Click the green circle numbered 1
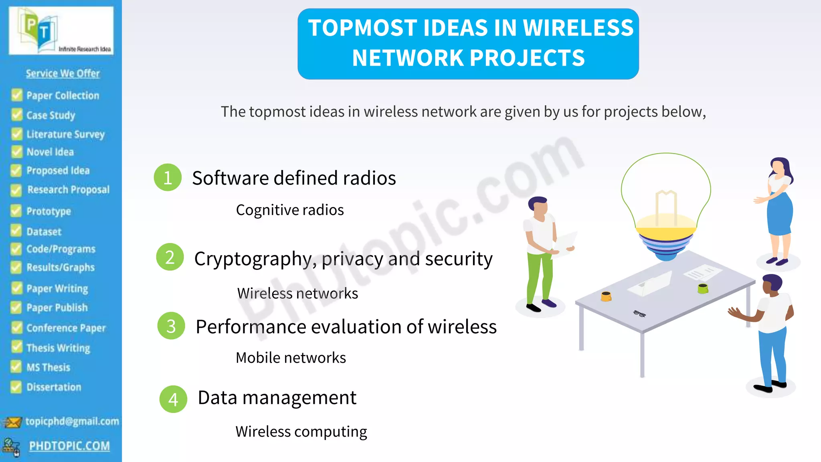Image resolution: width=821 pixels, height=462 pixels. click(x=168, y=177)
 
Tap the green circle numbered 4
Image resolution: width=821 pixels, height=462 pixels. click(x=173, y=399)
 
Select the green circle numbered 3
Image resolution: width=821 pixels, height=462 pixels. click(x=171, y=326)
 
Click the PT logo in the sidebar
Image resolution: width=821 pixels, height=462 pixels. click(x=61, y=31)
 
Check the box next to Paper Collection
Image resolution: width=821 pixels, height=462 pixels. click(x=17, y=95)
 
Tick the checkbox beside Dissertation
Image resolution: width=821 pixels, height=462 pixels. click(x=16, y=387)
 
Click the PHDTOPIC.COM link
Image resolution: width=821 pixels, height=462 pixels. click(x=69, y=446)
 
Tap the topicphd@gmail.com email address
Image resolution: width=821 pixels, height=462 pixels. click(x=72, y=421)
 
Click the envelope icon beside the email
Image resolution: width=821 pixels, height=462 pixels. click(x=12, y=422)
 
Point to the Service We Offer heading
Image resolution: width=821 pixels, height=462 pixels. click(x=63, y=73)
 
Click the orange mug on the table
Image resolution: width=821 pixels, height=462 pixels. click(x=606, y=296)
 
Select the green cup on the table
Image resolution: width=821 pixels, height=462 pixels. click(x=703, y=288)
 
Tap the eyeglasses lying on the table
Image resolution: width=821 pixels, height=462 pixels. click(x=639, y=314)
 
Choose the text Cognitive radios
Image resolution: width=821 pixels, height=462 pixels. click(x=290, y=210)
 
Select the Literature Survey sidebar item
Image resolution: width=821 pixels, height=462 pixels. click(x=65, y=134)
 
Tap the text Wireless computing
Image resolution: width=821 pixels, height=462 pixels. click(x=301, y=432)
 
